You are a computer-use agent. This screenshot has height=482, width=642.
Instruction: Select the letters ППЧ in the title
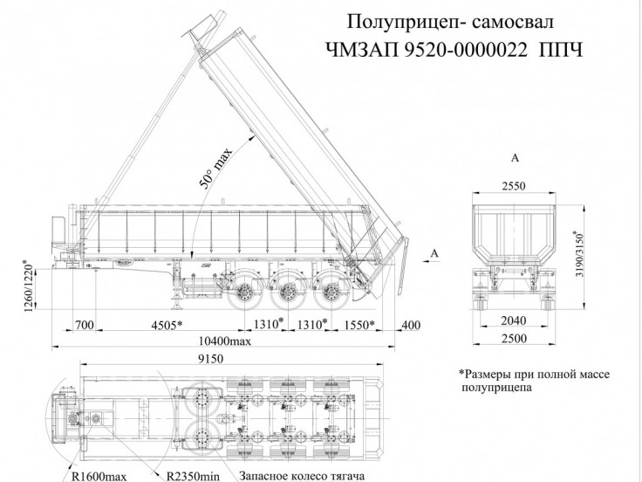[x=557, y=50]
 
